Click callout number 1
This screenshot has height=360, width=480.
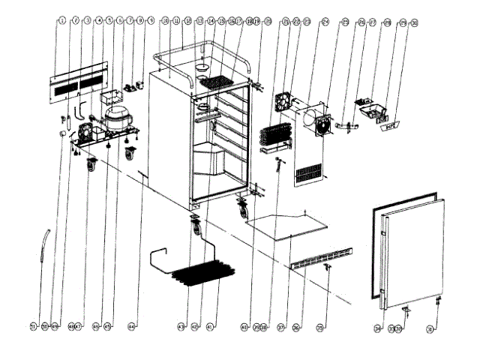pyautogui.click(x=61, y=22)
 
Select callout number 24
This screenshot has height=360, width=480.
pyautogui.click(x=325, y=22)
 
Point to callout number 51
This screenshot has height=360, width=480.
pyautogui.click(x=33, y=327)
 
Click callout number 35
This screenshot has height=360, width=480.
pyautogui.click(x=321, y=327)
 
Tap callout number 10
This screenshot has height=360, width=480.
pyautogui.click(x=164, y=22)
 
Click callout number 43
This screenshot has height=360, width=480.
pyautogui.click(x=181, y=327)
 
